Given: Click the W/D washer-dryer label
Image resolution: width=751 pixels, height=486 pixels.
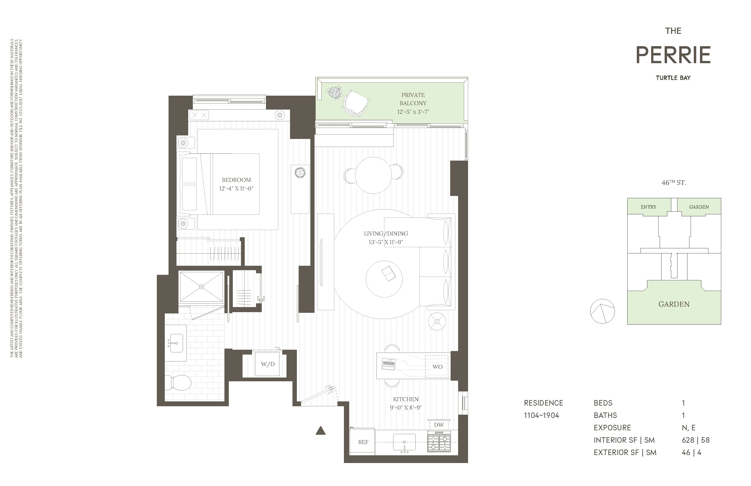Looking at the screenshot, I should (267, 364).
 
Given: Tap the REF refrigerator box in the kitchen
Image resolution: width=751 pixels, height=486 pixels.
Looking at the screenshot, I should (363, 442).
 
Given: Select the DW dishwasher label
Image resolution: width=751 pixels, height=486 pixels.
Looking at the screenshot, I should (439, 425).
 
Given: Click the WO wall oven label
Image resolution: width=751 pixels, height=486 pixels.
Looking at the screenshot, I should (437, 367).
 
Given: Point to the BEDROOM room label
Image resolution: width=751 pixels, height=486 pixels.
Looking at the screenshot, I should (236, 180).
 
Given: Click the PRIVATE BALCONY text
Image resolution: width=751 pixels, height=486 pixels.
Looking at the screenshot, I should (413, 99).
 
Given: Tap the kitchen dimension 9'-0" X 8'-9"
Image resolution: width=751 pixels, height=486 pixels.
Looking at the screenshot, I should (406, 408).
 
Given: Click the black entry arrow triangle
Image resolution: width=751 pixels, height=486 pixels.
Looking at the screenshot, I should (320, 431).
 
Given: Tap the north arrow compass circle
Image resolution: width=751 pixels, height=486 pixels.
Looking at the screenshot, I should (602, 311).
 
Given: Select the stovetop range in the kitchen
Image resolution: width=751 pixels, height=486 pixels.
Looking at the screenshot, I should (439, 442).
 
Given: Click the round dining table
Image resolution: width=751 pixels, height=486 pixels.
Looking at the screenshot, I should (373, 175).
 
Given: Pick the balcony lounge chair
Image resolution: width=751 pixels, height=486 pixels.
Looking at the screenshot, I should (357, 102).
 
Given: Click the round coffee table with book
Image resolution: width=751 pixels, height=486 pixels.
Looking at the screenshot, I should (384, 279).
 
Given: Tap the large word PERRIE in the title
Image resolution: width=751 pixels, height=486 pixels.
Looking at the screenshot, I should (673, 55).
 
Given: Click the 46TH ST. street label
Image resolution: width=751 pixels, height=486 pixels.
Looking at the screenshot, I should (674, 183).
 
